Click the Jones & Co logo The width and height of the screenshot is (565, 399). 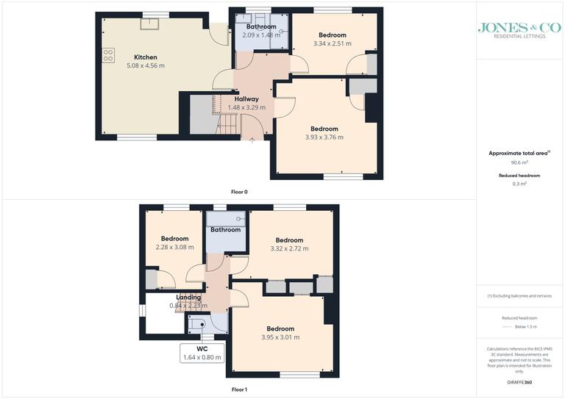coord(519,30)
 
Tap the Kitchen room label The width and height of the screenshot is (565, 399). coord(145,57)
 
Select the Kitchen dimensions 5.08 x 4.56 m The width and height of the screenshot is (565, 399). coord(145,65)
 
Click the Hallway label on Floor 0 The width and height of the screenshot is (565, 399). coord(246,98)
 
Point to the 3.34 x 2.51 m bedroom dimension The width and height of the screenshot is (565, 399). coord(332,43)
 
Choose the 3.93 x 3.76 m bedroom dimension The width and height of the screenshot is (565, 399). coord(324,137)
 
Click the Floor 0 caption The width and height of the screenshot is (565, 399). coord(239,192)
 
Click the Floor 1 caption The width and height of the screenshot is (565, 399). coord(239,389)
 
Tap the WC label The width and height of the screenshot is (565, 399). coord(202,348)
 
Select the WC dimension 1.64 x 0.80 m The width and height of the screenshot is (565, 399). coord(202,357)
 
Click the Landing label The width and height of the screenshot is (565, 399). coord(188,297)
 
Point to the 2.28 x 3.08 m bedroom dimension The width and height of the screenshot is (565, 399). coord(174,247)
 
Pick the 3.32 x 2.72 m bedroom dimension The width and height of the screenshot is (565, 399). coord(289,248)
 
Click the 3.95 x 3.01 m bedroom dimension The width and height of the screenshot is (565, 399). coord(280,337)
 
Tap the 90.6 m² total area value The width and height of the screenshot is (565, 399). coord(519,162)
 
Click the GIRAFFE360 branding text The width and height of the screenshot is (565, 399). coord(519,382)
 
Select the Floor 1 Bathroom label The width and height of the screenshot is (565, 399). coord(225,230)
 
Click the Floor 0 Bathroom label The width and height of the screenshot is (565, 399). coord(261,26)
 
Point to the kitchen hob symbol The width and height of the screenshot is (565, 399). coord(108,54)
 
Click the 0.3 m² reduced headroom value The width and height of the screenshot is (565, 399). coord(519,184)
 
